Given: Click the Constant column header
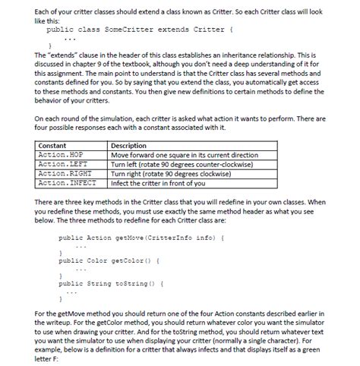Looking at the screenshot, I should coord(52,144).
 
